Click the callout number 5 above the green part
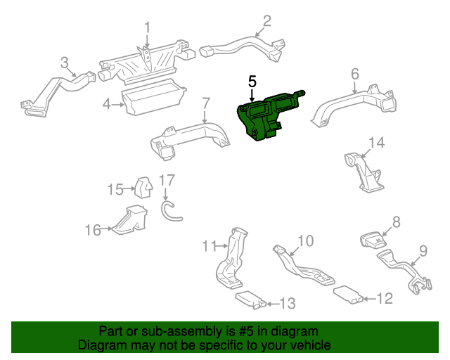(x=252, y=82)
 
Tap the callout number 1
(x=148, y=27)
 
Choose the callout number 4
(x=106, y=104)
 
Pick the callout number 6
(x=355, y=73)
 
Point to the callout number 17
(x=165, y=180)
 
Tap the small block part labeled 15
(x=143, y=187)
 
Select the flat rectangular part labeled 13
(x=247, y=300)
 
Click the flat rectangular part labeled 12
(x=347, y=294)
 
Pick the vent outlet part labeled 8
(x=374, y=240)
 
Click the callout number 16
(x=93, y=229)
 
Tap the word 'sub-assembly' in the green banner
(x=167, y=331)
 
